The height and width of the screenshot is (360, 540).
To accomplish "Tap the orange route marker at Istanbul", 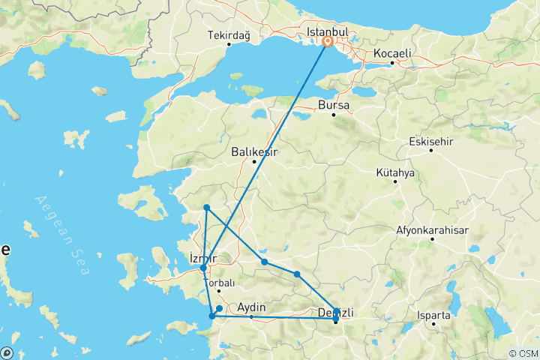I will pyautogui.click(x=328, y=43).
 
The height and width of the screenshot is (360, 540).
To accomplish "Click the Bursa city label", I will pyautogui.click(x=334, y=105).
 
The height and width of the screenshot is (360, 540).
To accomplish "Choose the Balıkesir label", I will pyautogui.click(x=254, y=151).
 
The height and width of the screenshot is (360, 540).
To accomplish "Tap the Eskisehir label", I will pyautogui.click(x=431, y=142).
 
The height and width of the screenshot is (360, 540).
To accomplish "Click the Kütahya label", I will pyautogui.click(x=395, y=172).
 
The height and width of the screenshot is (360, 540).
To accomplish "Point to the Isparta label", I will pyautogui.click(x=435, y=316).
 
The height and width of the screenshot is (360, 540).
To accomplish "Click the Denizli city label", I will pyautogui.click(x=336, y=312).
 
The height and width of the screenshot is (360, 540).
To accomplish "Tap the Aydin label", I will pyautogui.click(x=251, y=307).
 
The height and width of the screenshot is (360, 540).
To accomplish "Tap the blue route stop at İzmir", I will pyautogui.click(x=203, y=268).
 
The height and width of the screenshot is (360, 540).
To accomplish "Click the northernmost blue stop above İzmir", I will pyautogui.click(x=206, y=207).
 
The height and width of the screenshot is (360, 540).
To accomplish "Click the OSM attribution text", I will pyautogui.click(x=522, y=353).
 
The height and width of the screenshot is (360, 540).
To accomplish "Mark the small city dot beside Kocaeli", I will pyautogui.click(x=392, y=63).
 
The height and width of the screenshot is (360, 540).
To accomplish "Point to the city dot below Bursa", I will pyautogui.click(x=334, y=115).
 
